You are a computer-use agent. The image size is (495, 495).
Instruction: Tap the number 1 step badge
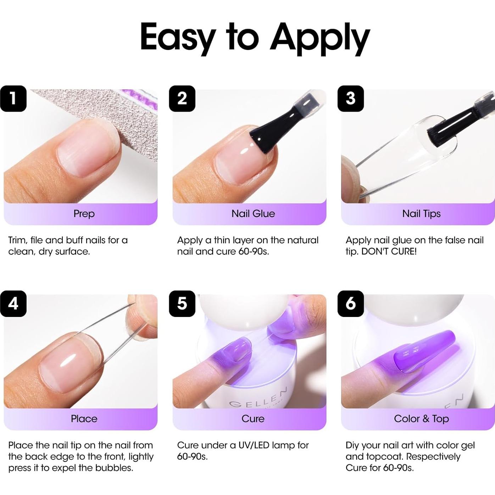pyautogui.click(x=13, y=99)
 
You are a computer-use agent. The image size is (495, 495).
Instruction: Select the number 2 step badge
pyautogui.click(x=182, y=99)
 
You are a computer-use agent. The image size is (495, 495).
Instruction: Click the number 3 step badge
pyautogui.click(x=350, y=99)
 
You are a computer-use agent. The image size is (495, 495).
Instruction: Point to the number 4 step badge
pyautogui.click(x=13, y=304)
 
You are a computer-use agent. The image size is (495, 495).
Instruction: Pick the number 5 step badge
pyautogui.click(x=182, y=304)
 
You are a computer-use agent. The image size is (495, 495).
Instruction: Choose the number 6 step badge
pyautogui.click(x=350, y=304)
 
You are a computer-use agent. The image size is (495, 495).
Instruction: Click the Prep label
pyautogui.click(x=84, y=213)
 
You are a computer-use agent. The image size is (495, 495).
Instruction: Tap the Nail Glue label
pyautogui.click(x=253, y=213)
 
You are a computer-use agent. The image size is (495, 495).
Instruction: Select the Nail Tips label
pyautogui.click(x=421, y=213)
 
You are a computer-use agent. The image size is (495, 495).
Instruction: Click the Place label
pyautogui.click(x=84, y=418)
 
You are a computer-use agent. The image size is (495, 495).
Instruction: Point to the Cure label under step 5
pyautogui.click(x=253, y=418)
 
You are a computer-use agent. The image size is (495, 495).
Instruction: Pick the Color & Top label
pyautogui.click(x=421, y=418)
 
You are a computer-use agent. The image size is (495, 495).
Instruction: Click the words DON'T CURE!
pyautogui.click(x=389, y=251)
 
